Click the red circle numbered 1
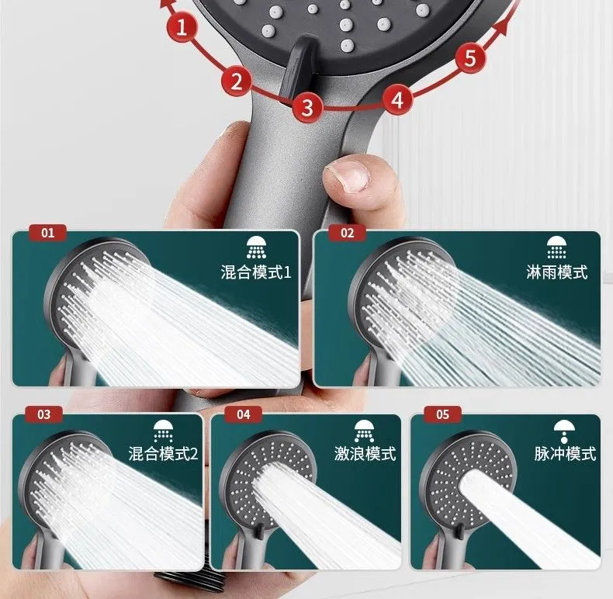182,27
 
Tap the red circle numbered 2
237,81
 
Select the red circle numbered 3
307,107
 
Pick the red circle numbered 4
397,99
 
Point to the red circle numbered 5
470,58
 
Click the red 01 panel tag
47,233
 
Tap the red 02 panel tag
347,233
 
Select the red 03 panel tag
44,414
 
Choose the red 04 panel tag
243,414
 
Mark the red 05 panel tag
442,414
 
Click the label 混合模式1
256,272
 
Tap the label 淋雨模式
556,272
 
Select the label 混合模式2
163,454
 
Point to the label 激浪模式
365,454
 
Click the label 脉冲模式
565,454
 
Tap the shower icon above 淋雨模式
556,248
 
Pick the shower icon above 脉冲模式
564,431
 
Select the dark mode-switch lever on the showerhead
298,66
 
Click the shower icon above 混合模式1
256,248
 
